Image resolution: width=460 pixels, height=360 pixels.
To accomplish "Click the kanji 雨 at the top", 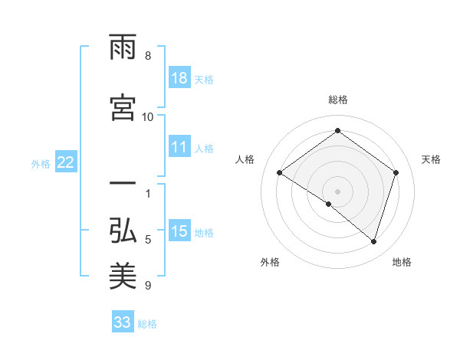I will coord(123,47).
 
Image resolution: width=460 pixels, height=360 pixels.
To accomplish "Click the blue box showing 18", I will coord(179,79).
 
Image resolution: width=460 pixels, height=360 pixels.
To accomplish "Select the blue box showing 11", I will coord(179,148).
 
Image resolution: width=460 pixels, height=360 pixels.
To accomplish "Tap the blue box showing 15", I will coord(179,231).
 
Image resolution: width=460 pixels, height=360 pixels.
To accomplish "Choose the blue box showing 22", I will coord(66,162).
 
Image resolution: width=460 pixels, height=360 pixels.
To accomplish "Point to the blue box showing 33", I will coord(123,322).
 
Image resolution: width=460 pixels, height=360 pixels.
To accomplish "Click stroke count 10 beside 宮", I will coord(148,116).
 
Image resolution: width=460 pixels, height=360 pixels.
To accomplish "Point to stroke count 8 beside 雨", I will coord(148,56).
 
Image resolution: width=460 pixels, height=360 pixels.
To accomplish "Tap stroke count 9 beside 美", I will coord(148,286).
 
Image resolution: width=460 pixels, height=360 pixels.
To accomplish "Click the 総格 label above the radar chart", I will coord(337,100).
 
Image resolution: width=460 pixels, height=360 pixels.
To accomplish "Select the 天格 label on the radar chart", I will coord(431,159).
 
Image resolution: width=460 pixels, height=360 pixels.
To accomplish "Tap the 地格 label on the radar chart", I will coord(402,262).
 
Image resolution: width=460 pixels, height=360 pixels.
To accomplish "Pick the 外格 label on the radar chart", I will coord(270,262).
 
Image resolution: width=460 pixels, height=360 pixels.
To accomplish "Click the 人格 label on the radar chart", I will coord(245,159).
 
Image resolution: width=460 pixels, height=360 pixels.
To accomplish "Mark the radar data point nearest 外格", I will coord(329,204).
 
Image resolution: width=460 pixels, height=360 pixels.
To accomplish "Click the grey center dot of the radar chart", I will coord(337,191).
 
